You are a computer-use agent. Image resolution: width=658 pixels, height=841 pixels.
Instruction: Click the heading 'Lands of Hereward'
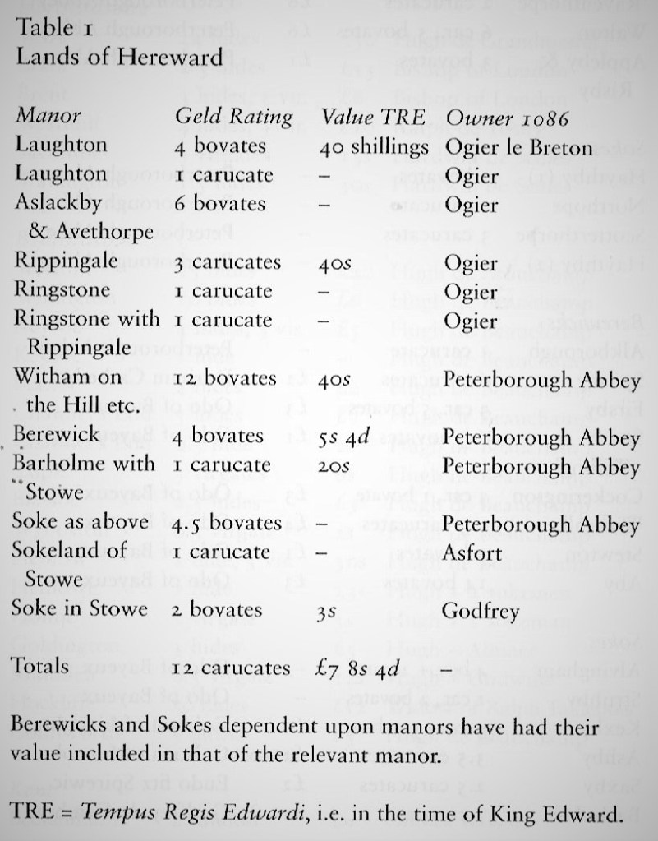click(x=119, y=57)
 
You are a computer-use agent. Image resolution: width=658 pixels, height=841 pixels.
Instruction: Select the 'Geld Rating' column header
click(x=233, y=117)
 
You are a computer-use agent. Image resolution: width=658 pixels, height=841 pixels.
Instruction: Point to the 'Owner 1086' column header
click(x=504, y=117)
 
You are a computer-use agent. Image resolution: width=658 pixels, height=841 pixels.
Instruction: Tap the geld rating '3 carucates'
click(x=227, y=262)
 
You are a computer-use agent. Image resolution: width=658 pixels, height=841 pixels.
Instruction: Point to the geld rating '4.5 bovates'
click(x=228, y=523)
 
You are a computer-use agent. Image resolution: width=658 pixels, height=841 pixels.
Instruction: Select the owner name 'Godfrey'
click(x=473, y=610)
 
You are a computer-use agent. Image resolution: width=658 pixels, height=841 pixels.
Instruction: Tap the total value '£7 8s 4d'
click(x=360, y=668)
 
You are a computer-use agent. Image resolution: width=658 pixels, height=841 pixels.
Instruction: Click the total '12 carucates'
click(x=231, y=668)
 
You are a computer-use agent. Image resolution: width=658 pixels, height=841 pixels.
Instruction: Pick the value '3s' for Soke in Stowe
click(x=327, y=612)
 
